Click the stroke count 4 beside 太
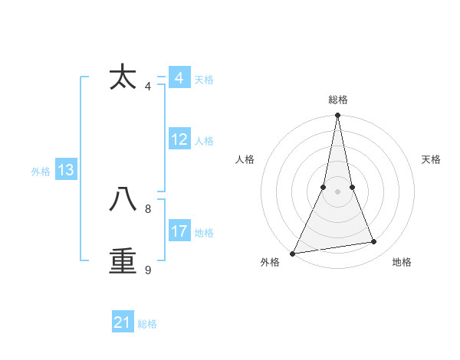[148, 87]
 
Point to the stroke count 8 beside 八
[148, 208]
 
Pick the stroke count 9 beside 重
[148, 270]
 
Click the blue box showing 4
[179, 78]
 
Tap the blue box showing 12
[179, 139]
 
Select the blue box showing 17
[179, 231]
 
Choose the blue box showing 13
[66, 170]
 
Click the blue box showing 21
[123, 322]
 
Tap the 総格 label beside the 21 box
[147, 324]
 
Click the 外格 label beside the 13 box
[41, 172]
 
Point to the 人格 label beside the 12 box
[204, 141]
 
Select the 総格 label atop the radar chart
[337, 100]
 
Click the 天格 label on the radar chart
[432, 159]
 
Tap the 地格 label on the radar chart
[402, 262]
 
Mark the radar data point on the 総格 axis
[337, 116]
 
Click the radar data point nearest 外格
[292, 254]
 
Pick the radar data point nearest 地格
[374, 242]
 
